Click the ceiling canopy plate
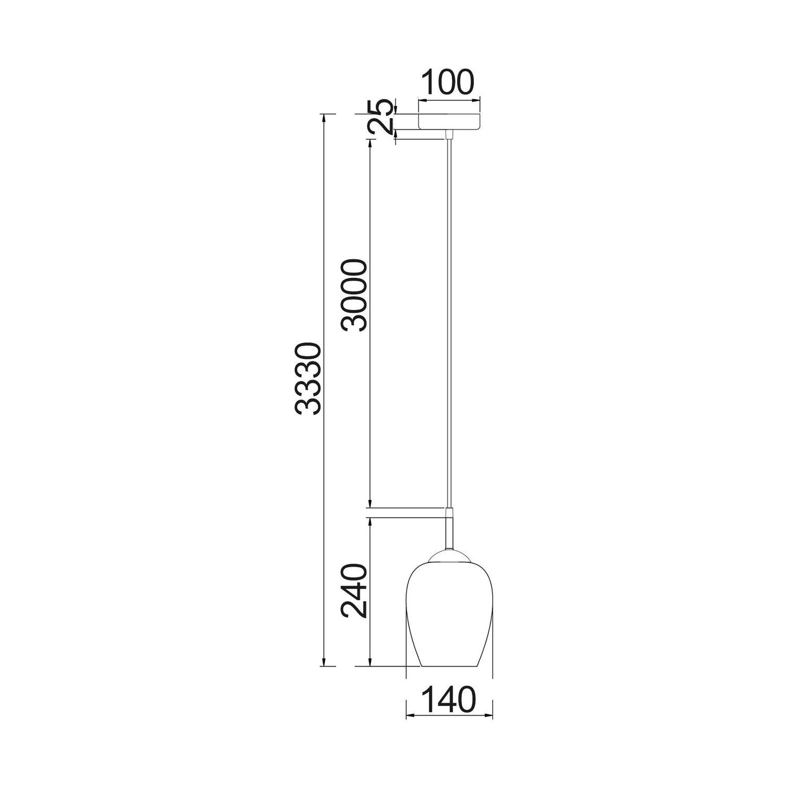[x=449, y=121]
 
